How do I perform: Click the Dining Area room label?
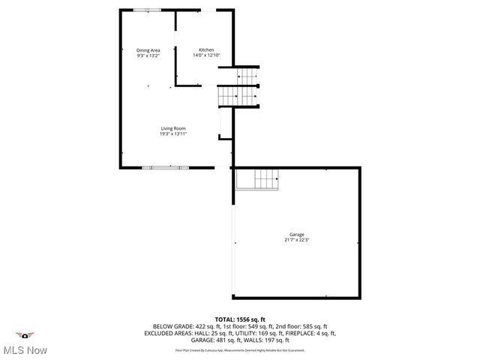click(148, 50)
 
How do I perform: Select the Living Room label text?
click(172, 128)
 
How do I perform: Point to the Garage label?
click(297, 235)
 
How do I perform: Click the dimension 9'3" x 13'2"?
click(148, 55)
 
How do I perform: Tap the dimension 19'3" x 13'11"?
click(172, 134)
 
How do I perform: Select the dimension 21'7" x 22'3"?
click(297, 240)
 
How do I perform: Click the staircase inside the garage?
click(258, 179)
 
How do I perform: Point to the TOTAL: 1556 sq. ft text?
click(240, 319)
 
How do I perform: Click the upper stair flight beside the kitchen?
click(248, 77)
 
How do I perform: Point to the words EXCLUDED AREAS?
click(169, 333)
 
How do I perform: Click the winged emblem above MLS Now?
click(25, 334)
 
